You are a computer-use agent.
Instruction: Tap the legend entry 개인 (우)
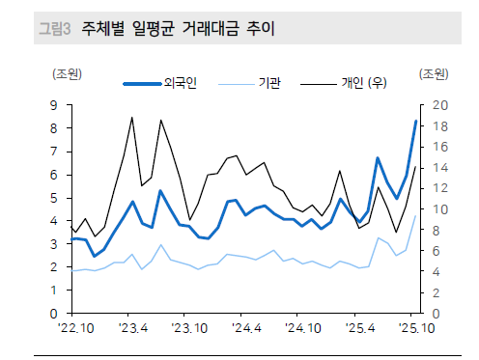(x=364, y=85)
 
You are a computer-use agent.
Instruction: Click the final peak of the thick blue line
(x=415, y=121)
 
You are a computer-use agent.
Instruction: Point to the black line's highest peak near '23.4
(x=132, y=117)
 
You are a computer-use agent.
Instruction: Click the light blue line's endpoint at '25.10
(x=415, y=215)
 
